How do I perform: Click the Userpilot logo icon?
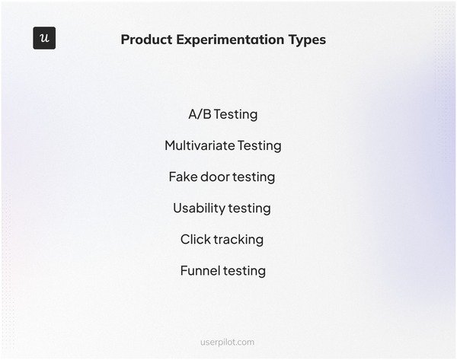pos(44,38)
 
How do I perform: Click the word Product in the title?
pos(147,40)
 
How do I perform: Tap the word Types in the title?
pos(307,40)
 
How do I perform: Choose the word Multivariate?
pos(199,145)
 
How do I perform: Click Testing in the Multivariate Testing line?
pos(259,146)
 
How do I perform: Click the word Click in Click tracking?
pos(194,239)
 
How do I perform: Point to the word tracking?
pos(238,240)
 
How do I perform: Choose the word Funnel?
pos(200,270)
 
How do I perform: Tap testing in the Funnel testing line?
pos(244,271)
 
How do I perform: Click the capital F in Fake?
pos(173,177)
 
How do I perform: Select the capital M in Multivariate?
pos(170,145)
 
